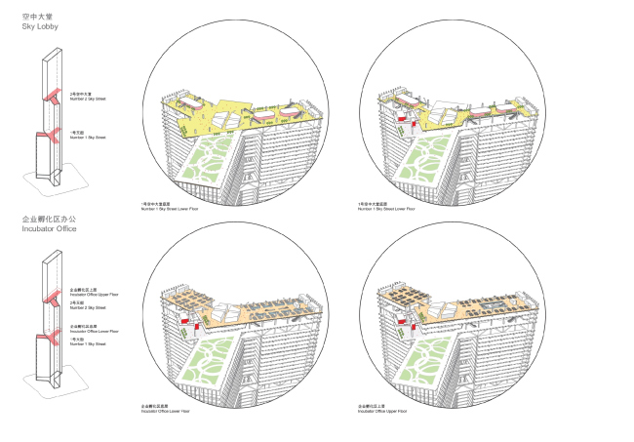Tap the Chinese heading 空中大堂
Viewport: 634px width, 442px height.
click(x=34, y=16)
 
